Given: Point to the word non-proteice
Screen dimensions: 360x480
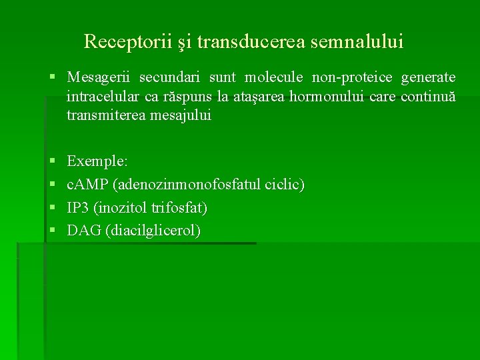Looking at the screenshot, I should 353,78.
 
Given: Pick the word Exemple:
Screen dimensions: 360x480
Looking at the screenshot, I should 98,161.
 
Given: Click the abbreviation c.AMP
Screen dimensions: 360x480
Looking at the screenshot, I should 90,185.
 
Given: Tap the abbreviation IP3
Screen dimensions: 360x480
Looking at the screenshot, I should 79,208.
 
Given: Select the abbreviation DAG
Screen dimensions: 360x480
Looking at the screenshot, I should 81,231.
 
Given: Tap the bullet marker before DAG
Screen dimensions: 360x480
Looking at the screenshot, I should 53,231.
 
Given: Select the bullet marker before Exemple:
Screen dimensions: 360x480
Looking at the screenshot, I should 53,162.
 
